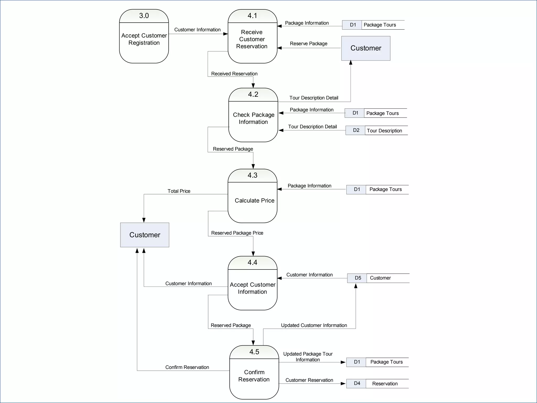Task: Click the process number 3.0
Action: tap(144, 16)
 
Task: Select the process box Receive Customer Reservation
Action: tap(252, 39)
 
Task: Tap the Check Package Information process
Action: tap(253, 118)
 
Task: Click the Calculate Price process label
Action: tap(254, 200)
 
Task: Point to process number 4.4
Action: tap(253, 262)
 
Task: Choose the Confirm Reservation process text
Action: tap(254, 376)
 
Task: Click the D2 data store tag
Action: tap(356, 130)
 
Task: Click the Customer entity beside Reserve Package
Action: tap(366, 48)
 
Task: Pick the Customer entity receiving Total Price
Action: tap(145, 235)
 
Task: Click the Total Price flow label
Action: tap(179, 191)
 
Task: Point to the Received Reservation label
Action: tap(234, 74)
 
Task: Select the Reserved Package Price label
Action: tap(237, 233)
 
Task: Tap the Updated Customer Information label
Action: tap(314, 325)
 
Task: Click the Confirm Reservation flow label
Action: tap(187, 367)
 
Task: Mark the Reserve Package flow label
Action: tap(308, 44)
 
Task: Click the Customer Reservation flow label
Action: tap(309, 380)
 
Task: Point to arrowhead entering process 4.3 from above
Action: tap(253, 166)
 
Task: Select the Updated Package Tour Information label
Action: tap(308, 357)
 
